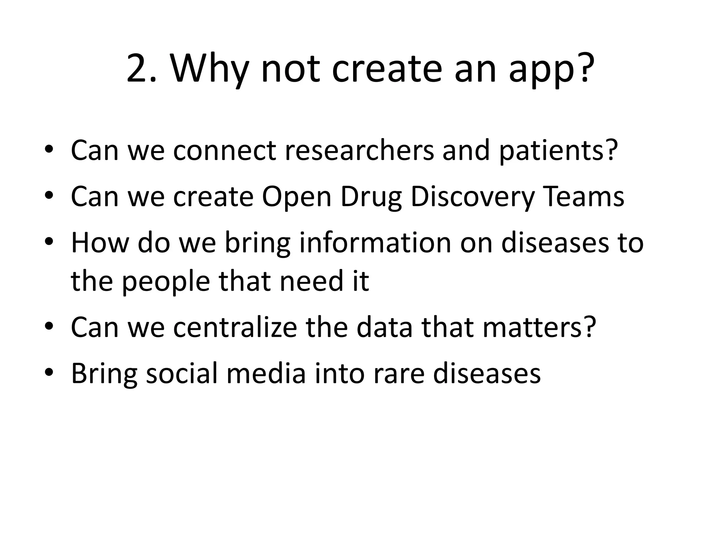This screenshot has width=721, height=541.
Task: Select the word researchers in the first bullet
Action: [x=359, y=150]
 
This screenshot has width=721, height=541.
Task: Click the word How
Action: [x=100, y=243]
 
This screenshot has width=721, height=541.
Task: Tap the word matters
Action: [x=538, y=327]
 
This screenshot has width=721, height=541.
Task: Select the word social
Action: [x=182, y=373]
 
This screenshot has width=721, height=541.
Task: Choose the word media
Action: [x=266, y=373]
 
